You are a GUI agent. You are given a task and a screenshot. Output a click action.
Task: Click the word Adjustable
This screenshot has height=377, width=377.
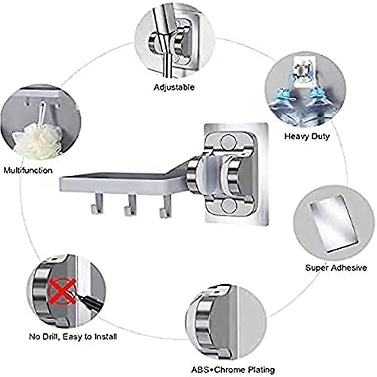click(x=174, y=87)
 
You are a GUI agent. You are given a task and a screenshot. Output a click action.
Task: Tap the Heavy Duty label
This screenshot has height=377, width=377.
click(x=307, y=136)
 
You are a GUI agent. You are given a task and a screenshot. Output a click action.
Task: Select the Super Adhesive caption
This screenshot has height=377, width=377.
click(x=336, y=268)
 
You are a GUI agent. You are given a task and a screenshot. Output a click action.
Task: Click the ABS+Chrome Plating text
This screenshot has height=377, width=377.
click(x=233, y=370)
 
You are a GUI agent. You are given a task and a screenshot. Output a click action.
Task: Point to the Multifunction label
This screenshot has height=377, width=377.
click(x=28, y=171)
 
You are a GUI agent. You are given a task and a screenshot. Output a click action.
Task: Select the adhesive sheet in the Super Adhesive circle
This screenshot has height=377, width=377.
click(x=334, y=221)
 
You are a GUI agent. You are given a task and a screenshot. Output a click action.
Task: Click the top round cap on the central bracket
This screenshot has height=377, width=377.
click(x=228, y=142)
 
